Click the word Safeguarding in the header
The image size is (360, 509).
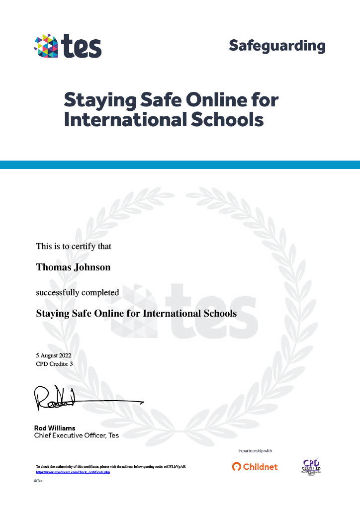(277, 46)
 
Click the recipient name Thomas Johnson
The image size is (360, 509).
(73, 267)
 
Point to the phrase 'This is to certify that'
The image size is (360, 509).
(74, 246)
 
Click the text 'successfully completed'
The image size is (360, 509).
(77, 292)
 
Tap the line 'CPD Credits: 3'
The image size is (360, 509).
(55, 364)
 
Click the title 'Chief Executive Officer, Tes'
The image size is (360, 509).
(76, 435)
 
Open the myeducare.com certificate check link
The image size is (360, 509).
(73, 472)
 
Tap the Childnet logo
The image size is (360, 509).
(255, 467)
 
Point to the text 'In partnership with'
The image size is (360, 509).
(255, 451)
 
